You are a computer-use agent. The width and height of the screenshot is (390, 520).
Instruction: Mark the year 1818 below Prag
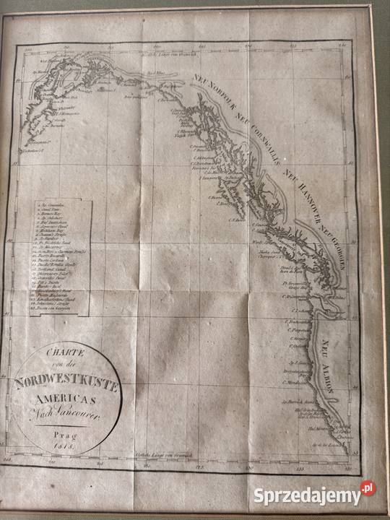tap(70, 446)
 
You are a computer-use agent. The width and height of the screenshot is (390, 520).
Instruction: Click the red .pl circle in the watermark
tap(368, 489)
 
